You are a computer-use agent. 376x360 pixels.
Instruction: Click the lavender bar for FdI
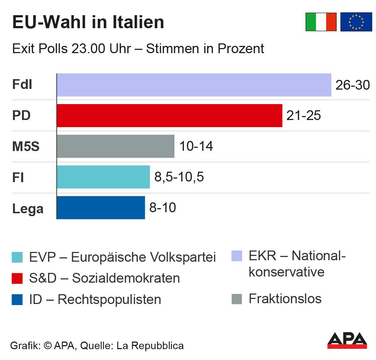coord(194,85)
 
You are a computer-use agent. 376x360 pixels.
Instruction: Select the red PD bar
coord(169,116)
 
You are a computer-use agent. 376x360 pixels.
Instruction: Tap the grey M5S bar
coord(116,146)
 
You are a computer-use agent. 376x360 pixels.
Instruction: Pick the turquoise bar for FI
coord(103,177)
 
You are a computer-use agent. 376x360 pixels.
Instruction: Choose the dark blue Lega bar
coord(101,208)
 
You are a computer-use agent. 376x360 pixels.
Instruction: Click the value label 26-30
coord(353,85)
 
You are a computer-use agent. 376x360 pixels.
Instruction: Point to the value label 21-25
coord(303,116)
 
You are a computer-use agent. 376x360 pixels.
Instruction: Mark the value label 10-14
coord(196,147)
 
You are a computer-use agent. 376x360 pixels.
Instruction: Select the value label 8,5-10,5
coord(179,177)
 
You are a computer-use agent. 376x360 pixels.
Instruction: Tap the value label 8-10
coord(163,208)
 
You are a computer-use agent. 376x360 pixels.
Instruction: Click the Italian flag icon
coord(321,22)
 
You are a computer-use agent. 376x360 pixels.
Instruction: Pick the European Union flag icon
coord(356,22)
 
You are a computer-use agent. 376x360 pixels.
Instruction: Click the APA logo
coord(347,341)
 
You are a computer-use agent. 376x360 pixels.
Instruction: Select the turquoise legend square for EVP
coord(17,257)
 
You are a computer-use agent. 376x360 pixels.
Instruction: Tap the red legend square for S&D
coord(17,278)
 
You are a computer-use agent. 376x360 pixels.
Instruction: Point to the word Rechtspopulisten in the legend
coord(109,300)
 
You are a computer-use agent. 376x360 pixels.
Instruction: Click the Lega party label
coord(28,209)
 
